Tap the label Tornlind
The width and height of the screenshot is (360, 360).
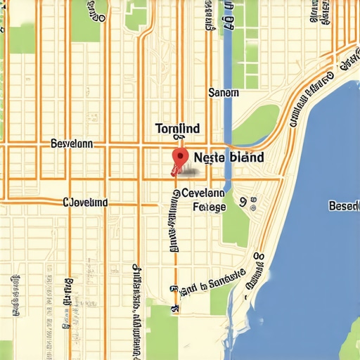[x=177, y=129]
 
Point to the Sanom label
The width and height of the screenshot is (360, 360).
[x=224, y=92]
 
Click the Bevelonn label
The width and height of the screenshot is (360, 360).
[x=72, y=143]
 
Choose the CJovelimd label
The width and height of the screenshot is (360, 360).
[x=86, y=202]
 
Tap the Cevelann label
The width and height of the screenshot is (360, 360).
[x=203, y=192]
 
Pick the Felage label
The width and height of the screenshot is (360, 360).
[x=210, y=207]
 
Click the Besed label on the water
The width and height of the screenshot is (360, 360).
[x=344, y=205]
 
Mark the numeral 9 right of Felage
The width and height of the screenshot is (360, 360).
[x=243, y=202]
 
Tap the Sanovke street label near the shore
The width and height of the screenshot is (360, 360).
[x=211, y=281]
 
